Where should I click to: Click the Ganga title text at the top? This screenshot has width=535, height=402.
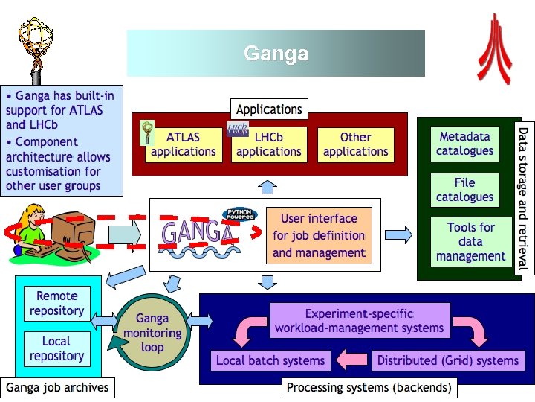pos(276,54)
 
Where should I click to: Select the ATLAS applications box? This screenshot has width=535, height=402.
pos(183,144)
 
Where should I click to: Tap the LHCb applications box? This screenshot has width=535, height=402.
pos(268,144)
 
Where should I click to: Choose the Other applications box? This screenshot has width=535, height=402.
pos(355,144)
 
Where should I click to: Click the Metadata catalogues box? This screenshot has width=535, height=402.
pos(465,144)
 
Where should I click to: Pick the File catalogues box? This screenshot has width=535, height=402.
pos(465,190)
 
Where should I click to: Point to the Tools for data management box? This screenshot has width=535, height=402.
pos(470,242)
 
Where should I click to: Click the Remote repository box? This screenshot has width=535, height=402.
pos(56,304)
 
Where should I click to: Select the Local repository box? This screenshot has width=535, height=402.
pos(56,348)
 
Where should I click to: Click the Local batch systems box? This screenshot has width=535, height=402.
pos(270,360)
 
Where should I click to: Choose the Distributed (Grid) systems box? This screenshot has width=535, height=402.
pos(447,360)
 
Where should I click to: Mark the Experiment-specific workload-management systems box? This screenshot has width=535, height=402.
pos(359,321)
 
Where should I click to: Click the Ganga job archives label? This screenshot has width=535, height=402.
pos(57,387)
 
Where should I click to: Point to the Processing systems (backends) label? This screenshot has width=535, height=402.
pos(369,388)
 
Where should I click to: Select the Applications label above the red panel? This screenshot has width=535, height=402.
pos(269,109)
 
